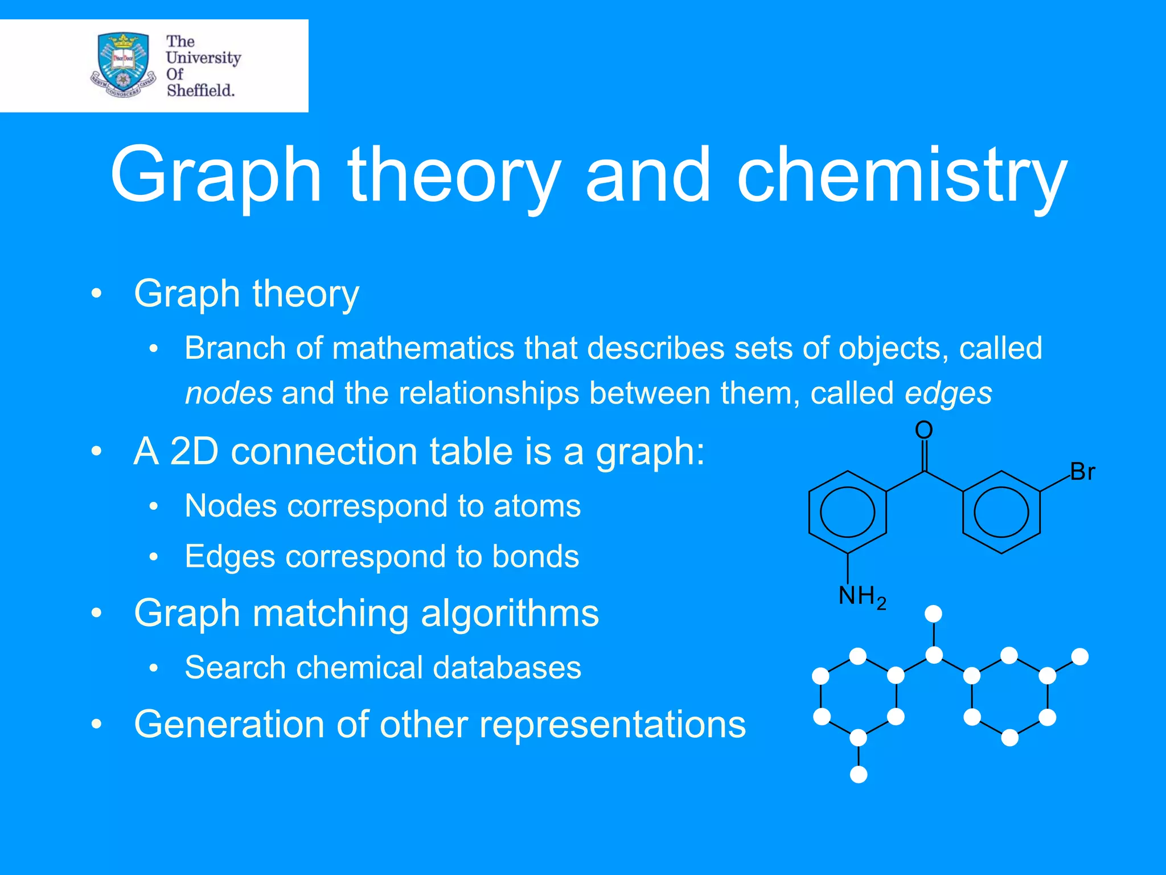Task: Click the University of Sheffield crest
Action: (124, 65)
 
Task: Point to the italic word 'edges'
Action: (948, 393)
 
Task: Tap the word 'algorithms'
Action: (510, 613)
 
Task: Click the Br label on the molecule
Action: (1082, 472)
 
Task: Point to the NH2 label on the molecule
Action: (861, 596)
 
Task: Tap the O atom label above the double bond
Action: (923, 430)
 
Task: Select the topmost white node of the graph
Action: (933, 614)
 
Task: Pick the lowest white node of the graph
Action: (859, 775)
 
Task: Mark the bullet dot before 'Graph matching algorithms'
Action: (97, 614)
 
